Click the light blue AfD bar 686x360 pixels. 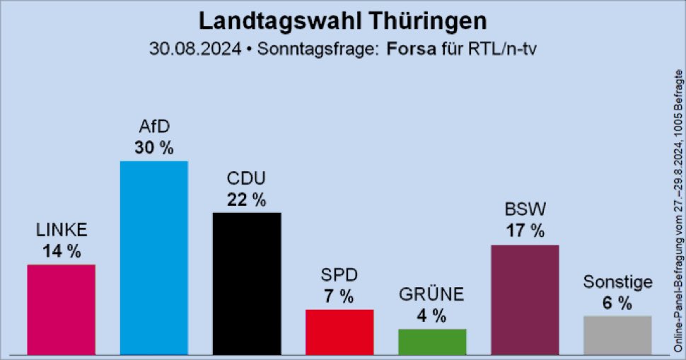(x=153, y=257)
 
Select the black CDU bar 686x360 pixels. (x=247, y=283)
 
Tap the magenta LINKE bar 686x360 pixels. (x=61, y=309)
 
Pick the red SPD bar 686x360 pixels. (x=339, y=332)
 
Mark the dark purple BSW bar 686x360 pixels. (x=525, y=299)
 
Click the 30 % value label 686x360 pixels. (x=153, y=149)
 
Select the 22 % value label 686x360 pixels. (x=247, y=200)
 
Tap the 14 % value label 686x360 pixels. (x=61, y=251)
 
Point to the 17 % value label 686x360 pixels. (x=525, y=231)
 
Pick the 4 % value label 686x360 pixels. (x=432, y=316)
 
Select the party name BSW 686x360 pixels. (x=525, y=209)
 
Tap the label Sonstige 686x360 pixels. (x=617, y=283)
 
